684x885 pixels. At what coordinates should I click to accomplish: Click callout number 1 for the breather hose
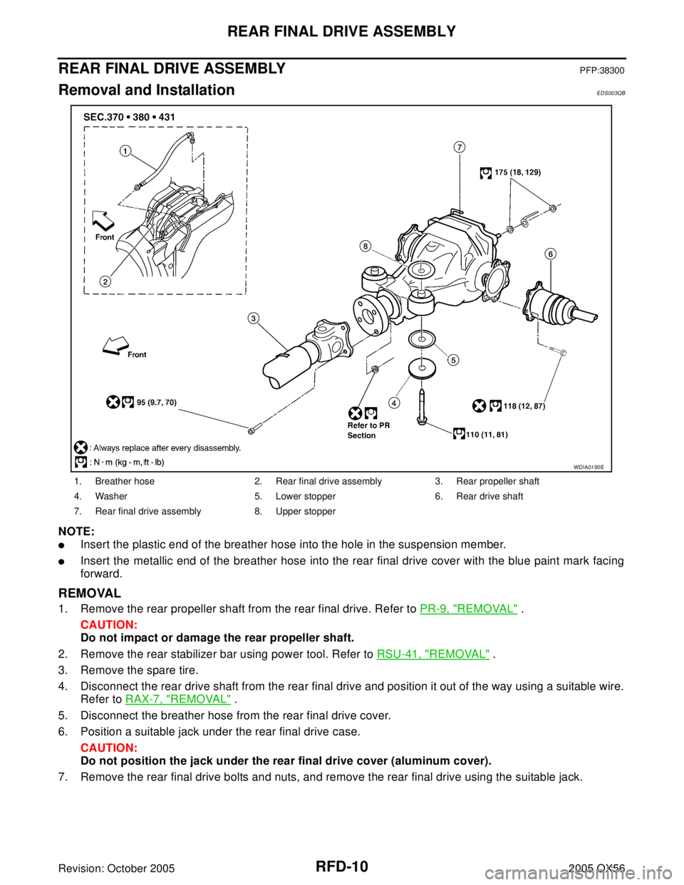pyautogui.click(x=125, y=151)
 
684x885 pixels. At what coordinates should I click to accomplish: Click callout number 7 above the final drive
pyautogui.click(x=459, y=147)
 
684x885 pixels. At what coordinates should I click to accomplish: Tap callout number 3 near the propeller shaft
pyautogui.click(x=253, y=319)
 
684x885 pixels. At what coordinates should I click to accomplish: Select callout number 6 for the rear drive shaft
pyautogui.click(x=550, y=254)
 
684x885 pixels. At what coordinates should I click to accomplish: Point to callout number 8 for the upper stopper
pyautogui.click(x=366, y=246)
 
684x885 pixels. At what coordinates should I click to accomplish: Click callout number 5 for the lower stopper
pyautogui.click(x=454, y=360)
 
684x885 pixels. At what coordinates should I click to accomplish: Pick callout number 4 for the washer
pyautogui.click(x=394, y=403)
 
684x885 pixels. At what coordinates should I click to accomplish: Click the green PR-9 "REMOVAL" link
pyautogui.click(x=469, y=609)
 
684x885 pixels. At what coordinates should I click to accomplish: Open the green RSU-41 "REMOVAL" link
pyautogui.click(x=433, y=654)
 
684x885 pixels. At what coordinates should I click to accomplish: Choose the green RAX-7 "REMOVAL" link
pyautogui.click(x=178, y=699)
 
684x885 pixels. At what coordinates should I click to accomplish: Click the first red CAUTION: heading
pyautogui.click(x=109, y=625)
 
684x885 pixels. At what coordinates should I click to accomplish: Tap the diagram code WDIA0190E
pyautogui.click(x=589, y=467)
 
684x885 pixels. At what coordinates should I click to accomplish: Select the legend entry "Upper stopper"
pyautogui.click(x=306, y=512)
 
